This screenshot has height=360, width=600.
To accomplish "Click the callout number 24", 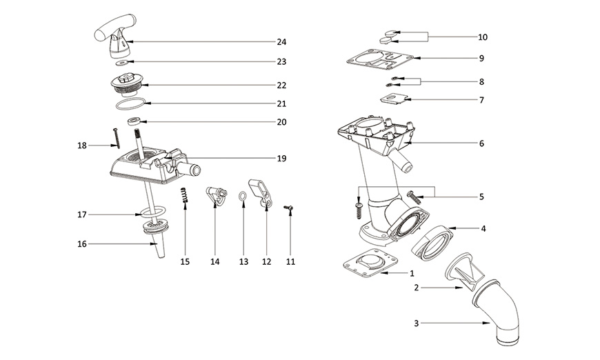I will pyautogui.click(x=281, y=42).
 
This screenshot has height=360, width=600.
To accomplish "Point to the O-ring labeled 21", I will pyautogui.click(x=130, y=104).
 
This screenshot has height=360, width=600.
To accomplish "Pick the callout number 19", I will pyautogui.click(x=281, y=159).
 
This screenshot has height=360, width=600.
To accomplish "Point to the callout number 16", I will pyautogui.click(x=82, y=243).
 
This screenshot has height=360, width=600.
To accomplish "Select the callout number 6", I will pyautogui.click(x=481, y=143).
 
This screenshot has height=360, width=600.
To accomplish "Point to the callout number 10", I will pyautogui.click(x=482, y=37).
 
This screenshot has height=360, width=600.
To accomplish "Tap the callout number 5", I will pyautogui.click(x=481, y=197).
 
